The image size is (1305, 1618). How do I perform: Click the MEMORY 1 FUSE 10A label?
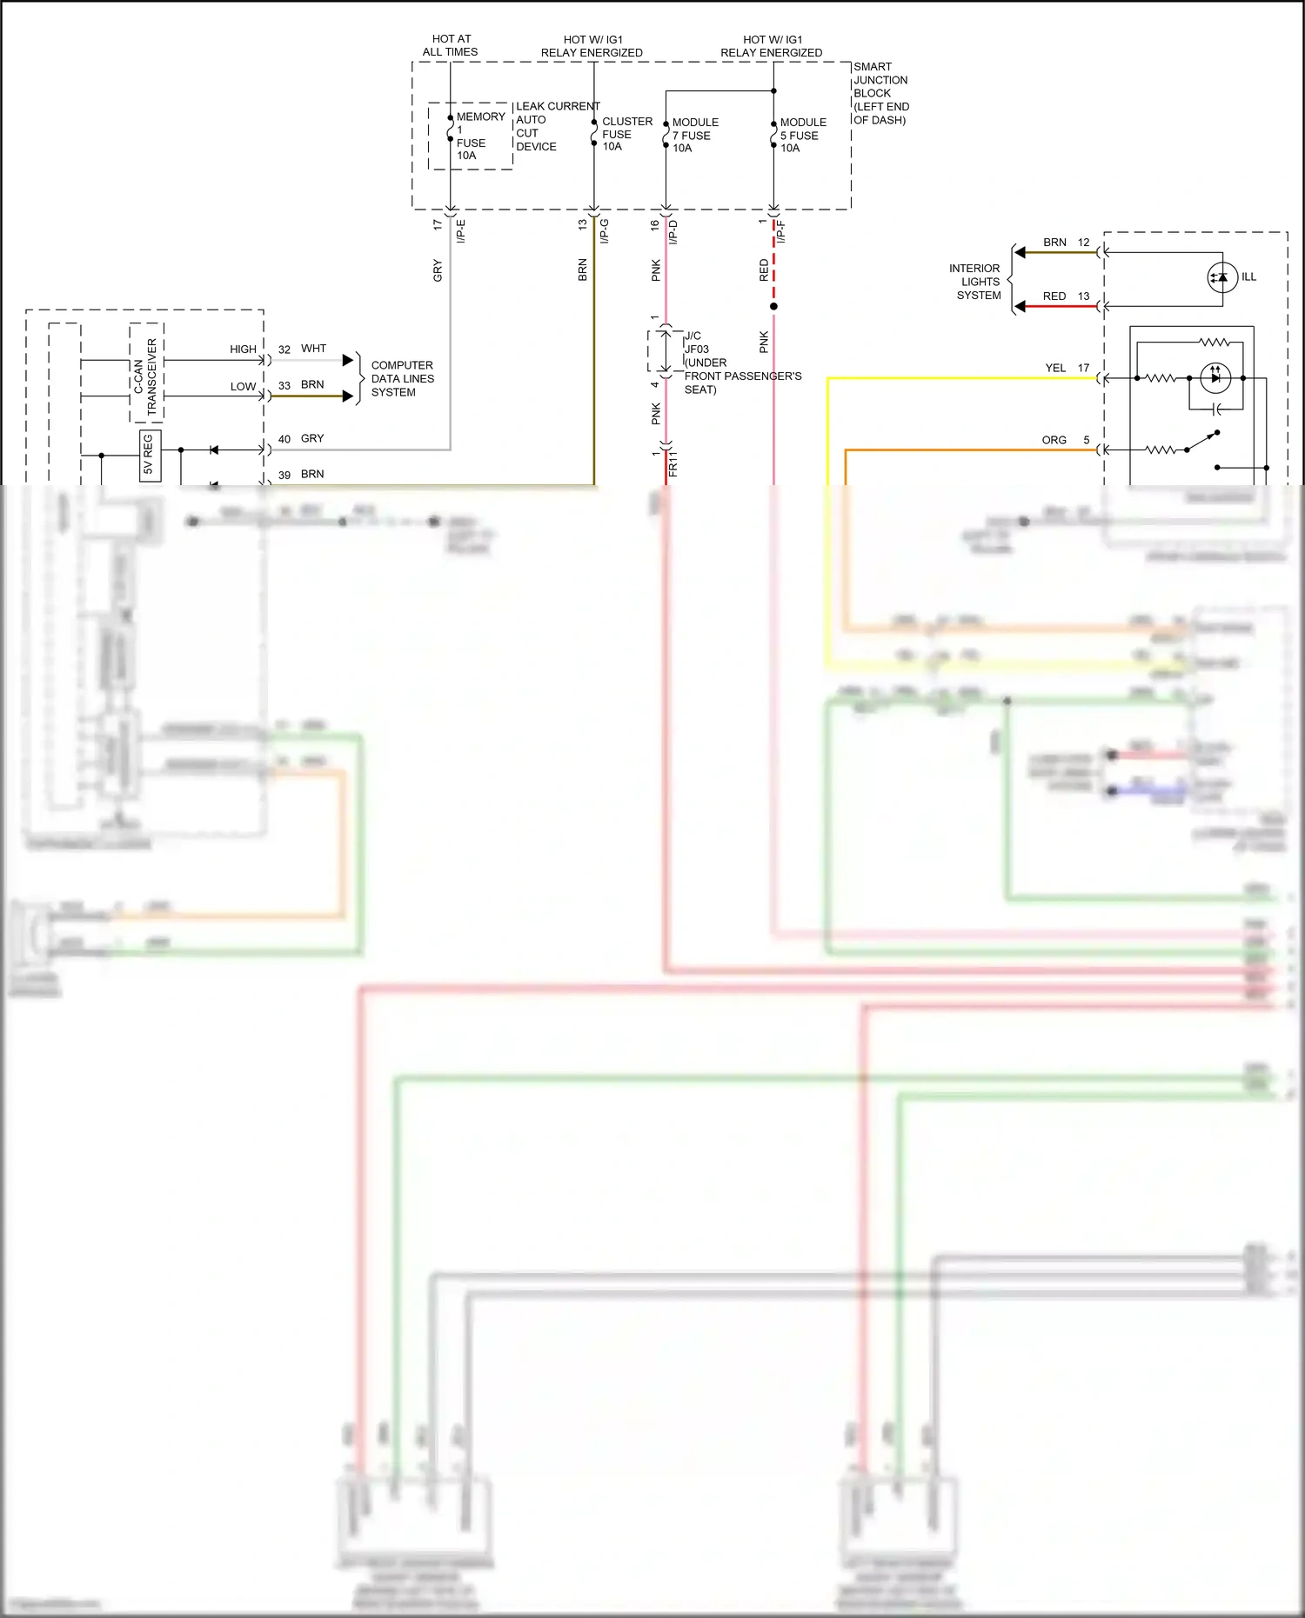[478, 136]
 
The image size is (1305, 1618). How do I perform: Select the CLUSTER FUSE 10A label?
[626, 134]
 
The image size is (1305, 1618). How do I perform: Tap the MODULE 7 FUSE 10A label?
[694, 135]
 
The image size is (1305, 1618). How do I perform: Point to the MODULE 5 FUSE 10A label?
[802, 135]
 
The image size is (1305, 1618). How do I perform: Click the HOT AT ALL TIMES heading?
[451, 45]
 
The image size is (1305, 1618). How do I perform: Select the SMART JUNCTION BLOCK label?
[880, 92]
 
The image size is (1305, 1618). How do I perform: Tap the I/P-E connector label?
[462, 230]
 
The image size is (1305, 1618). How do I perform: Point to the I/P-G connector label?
[605, 230]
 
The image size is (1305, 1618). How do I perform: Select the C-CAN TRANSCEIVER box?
[146, 375]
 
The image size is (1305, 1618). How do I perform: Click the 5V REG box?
[149, 455]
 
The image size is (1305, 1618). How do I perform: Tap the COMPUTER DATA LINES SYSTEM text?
[401, 378]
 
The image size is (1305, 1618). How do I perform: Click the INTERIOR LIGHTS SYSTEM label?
[976, 282]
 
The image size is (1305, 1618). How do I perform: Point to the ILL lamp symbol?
[1222, 277]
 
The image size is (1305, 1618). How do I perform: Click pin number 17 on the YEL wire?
[1083, 368]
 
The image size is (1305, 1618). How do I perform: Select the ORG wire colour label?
[1054, 440]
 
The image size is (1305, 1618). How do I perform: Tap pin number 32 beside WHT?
[284, 350]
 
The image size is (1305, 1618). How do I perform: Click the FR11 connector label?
[673, 463]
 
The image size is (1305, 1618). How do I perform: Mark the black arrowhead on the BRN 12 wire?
[1021, 253]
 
